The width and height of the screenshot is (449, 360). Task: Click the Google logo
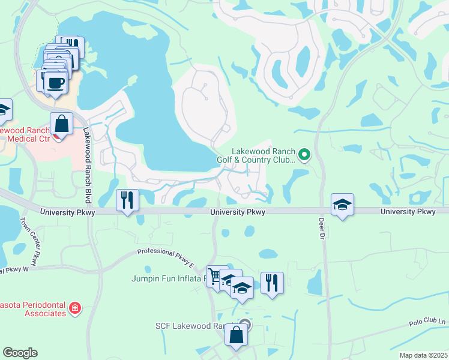(x=20, y=353)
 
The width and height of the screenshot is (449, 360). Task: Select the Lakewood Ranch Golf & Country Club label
(x=264, y=156)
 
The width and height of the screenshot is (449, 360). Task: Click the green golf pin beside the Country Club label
(x=304, y=156)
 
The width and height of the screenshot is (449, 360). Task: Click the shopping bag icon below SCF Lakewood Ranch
(x=237, y=335)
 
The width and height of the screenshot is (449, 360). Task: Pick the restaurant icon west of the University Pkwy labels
(x=127, y=200)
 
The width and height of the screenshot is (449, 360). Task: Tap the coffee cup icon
(x=56, y=83)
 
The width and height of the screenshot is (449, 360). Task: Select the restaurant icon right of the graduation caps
(x=272, y=282)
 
